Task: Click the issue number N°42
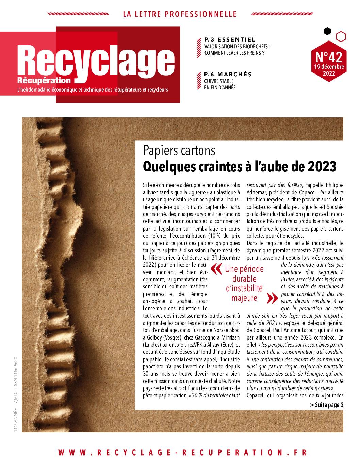(329, 56)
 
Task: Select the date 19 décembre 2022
(329, 70)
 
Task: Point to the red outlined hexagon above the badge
(341, 36)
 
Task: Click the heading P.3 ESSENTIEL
(230, 39)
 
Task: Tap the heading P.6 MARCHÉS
(228, 74)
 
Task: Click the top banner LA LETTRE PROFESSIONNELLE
(180, 14)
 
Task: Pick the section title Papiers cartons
(179, 150)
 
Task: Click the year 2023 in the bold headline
(322, 166)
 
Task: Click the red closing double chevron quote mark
(273, 298)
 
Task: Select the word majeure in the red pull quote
(244, 298)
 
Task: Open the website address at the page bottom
(182, 452)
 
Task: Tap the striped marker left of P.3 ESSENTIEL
(199, 47)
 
